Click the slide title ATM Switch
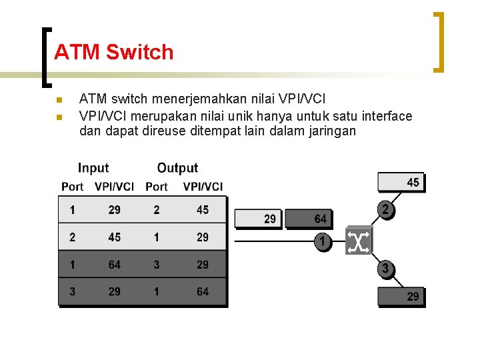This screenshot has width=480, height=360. [x=113, y=52]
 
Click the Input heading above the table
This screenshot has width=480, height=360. [x=93, y=168]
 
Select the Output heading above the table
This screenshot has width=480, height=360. [x=177, y=168]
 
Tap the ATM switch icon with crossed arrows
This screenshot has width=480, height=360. [x=358, y=241]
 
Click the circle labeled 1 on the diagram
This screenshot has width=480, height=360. [x=323, y=241]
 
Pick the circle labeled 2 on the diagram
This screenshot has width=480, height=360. [x=386, y=210]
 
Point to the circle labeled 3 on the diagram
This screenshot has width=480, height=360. [x=385, y=269]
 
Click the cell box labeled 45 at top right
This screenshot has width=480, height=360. [x=401, y=182]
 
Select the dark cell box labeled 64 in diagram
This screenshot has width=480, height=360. [x=309, y=219]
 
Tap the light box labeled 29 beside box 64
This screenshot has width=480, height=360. [x=260, y=219]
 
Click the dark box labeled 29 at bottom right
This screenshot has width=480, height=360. [x=401, y=296]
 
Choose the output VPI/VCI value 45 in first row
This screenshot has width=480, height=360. [x=203, y=210]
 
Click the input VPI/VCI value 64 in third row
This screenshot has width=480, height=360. [x=115, y=265]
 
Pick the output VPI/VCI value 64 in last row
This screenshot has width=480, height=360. [x=203, y=291]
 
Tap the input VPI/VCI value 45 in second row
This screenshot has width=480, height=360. [x=115, y=237]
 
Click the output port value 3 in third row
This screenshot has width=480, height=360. [x=157, y=265]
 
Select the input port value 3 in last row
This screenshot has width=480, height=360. [x=72, y=291]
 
